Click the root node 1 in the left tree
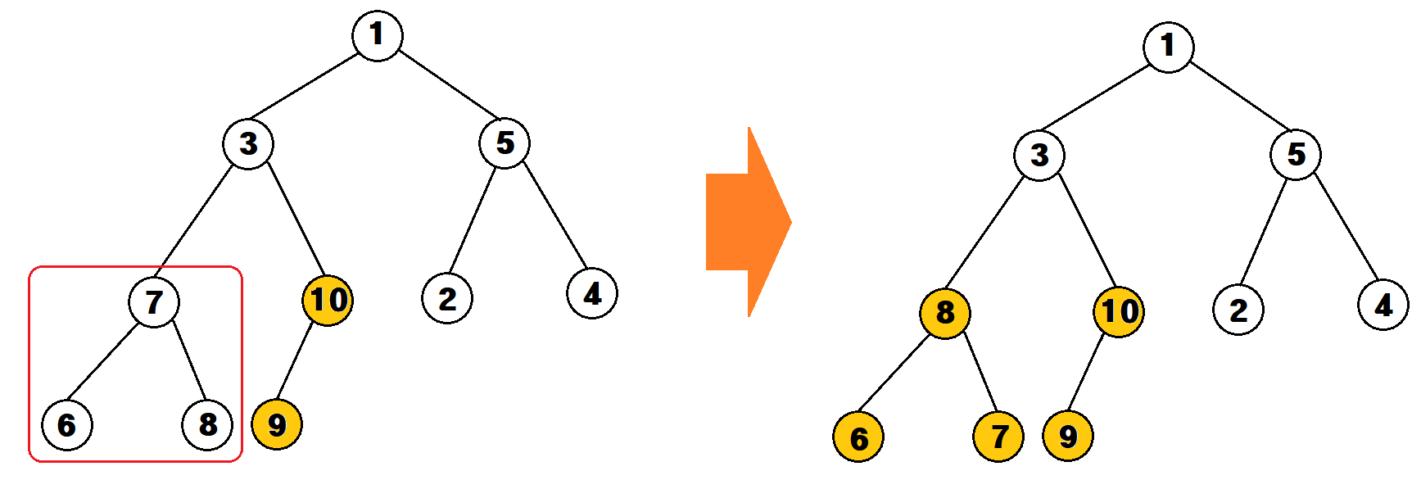377,35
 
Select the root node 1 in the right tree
1168,47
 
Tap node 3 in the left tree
248,144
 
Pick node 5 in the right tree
1296,154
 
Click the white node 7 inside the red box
154,301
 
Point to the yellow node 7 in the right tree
998,437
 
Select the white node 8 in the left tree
207,424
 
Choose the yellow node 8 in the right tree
945,313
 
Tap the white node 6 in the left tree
67,425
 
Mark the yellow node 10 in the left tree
328,301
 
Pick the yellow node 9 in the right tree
1068,436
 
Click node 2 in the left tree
447,298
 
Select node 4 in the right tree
1383,305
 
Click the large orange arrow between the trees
748,222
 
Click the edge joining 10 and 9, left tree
296,363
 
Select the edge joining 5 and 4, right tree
1346,228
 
